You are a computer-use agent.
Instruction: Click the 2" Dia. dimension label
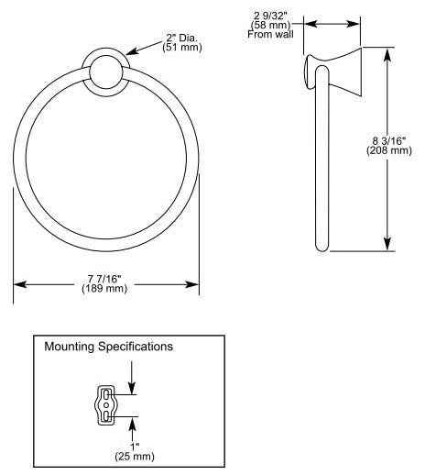[182, 38]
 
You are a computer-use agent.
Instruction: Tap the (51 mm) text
[182, 48]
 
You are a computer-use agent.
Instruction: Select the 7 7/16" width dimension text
[104, 279]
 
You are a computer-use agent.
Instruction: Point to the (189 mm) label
[104, 288]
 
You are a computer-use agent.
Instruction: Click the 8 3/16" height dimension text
[389, 141]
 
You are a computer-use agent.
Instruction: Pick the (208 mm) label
[389, 150]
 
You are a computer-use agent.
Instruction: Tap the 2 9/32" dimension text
[270, 16]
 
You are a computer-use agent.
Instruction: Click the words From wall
[270, 34]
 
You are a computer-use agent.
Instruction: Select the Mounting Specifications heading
[109, 347]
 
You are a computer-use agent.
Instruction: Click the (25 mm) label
[135, 457]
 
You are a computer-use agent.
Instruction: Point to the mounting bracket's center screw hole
[106, 405]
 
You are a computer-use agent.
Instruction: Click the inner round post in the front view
[106, 72]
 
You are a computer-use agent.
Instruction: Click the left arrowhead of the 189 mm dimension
[19, 284]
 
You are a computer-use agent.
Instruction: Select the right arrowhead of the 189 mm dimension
[193, 284]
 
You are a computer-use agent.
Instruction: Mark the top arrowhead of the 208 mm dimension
[387, 53]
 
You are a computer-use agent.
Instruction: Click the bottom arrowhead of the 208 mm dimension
[387, 245]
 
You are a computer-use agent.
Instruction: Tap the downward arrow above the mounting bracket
[132, 378]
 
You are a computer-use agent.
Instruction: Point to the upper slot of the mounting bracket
[106, 394]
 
